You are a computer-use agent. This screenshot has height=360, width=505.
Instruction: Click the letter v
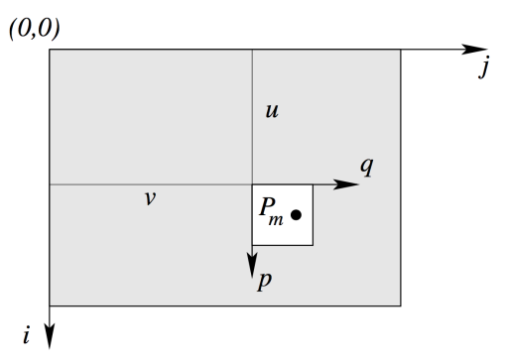coord(149,197)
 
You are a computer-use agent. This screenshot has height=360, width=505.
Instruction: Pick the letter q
coord(366,166)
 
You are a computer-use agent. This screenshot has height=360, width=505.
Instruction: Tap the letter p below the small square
coord(264,281)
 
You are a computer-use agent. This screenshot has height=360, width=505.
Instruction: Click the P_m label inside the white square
coord(271,210)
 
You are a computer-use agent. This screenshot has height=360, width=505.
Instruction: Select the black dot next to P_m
coord(296,213)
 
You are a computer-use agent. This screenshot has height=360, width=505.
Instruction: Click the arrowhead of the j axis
coord(480,50)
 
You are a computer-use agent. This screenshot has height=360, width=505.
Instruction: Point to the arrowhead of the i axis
coord(50,338)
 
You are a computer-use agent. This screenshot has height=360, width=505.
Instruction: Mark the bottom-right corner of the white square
coord(313,245)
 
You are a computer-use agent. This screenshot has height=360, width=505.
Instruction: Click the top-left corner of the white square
coord(252,184)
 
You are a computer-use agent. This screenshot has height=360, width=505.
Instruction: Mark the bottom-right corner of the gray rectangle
coord(401,305)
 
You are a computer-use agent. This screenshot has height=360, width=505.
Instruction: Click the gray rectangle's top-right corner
coord(401,50)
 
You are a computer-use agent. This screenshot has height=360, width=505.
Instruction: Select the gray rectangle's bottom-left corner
coord(50,305)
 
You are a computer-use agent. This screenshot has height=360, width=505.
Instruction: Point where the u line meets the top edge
coord(252,50)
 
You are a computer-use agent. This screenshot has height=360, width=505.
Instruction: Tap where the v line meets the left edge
coord(50,184)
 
